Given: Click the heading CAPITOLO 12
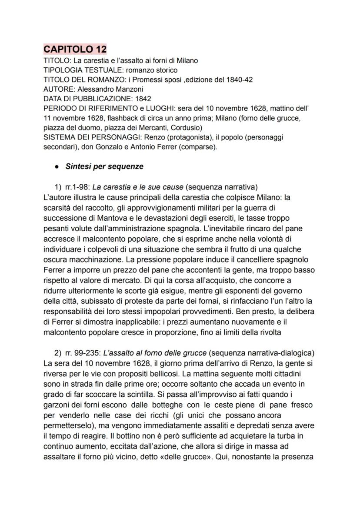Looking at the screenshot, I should click(x=75, y=49).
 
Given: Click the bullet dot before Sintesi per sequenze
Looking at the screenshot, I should click(x=57, y=166).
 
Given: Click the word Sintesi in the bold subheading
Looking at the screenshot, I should click(x=79, y=166).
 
